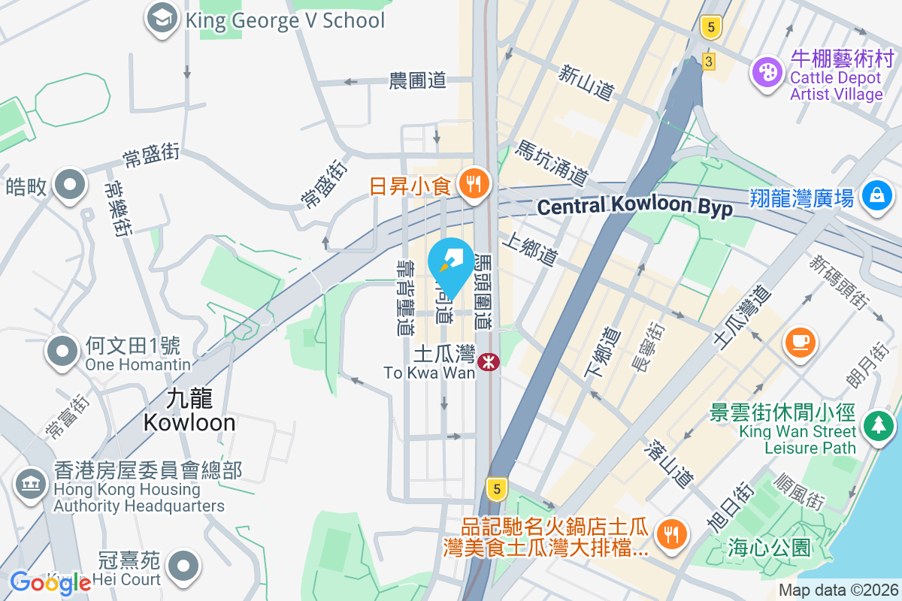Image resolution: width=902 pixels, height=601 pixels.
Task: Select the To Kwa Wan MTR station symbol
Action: [x=489, y=363]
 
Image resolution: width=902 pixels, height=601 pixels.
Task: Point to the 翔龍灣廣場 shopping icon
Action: [x=876, y=197]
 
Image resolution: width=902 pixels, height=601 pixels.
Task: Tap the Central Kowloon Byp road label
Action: [x=635, y=207]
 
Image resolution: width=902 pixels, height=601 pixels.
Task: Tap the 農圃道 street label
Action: [x=418, y=80]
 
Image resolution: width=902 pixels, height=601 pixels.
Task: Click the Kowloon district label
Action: [x=189, y=410]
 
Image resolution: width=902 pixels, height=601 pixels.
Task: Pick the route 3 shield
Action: [x=708, y=61]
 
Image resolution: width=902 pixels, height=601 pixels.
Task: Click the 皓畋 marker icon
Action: [x=71, y=185]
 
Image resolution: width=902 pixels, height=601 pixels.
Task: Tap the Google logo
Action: [x=50, y=582]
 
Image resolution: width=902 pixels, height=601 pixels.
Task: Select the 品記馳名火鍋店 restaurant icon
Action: [x=668, y=534]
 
